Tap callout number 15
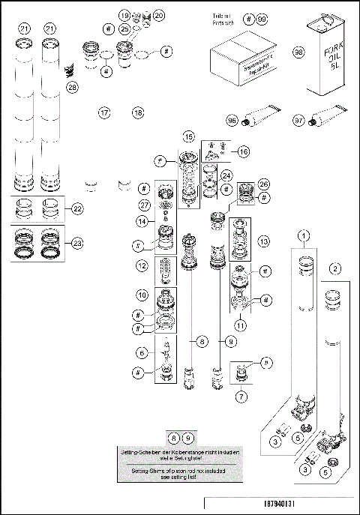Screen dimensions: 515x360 point(189,136)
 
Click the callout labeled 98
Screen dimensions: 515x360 point(299,52)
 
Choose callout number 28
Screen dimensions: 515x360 point(72,87)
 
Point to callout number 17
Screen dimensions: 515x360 point(105,112)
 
